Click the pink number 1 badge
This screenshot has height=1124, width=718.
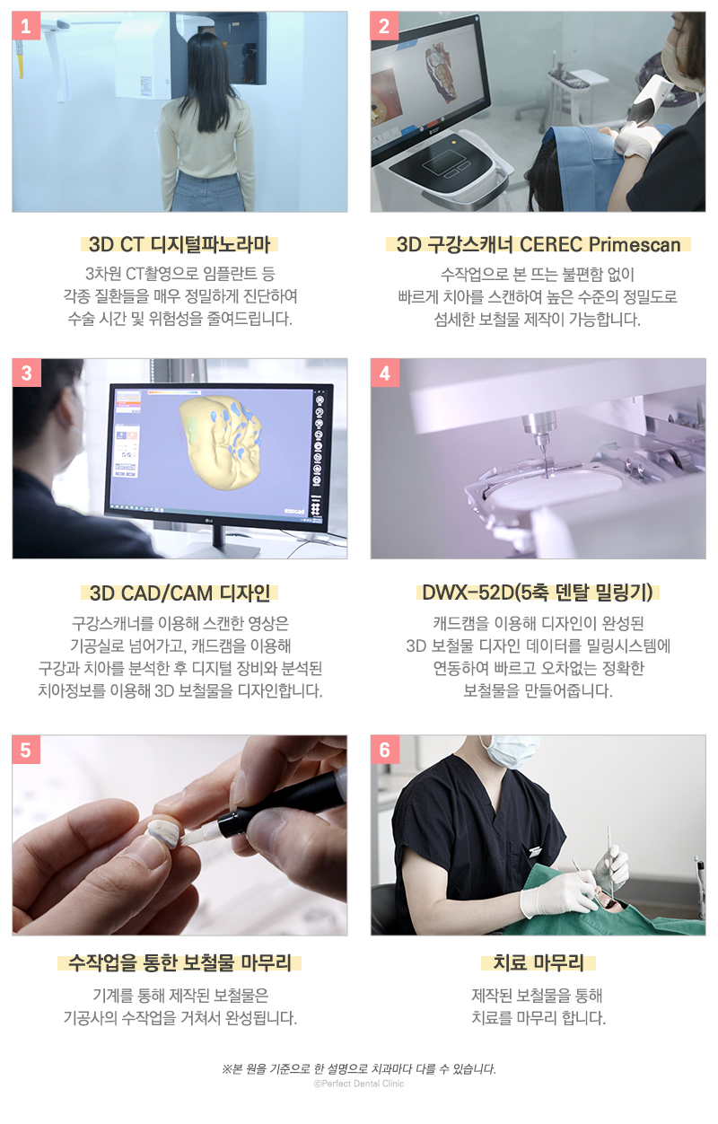point(26,26)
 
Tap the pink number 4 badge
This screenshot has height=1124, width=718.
point(385,373)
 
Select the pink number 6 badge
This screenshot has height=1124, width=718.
point(385,750)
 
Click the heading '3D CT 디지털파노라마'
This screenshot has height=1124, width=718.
point(179,244)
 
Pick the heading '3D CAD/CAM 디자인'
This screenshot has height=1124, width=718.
point(179,593)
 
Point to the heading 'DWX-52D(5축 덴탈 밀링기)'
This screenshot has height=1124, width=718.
point(538,593)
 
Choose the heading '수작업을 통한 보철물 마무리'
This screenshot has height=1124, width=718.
point(179,964)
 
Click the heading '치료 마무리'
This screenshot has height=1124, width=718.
point(538,964)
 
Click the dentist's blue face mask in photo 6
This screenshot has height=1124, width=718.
point(503,749)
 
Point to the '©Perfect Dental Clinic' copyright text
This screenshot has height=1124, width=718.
point(359,1084)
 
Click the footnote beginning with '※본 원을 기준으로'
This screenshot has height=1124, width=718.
point(359,1068)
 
